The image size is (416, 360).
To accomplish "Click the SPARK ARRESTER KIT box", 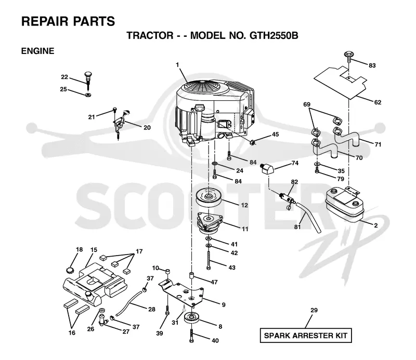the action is (306, 336).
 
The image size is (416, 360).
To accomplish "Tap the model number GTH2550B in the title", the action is (274, 35).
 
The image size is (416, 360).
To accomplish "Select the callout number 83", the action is (372, 65).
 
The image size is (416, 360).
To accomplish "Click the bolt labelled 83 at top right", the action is (348, 56).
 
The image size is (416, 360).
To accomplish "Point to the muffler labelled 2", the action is (345, 204).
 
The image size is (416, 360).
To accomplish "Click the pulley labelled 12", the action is (209, 198).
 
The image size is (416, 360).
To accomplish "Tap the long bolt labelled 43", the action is (209, 261).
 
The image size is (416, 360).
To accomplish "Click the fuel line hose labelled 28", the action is (129, 302).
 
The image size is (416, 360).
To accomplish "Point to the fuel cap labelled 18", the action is (70, 271).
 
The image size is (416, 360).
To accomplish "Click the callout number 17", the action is (139, 251).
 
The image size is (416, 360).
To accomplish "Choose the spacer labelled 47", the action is (192, 275).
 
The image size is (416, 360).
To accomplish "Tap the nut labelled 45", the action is (253, 142).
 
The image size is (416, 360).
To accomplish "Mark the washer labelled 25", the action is (88, 95).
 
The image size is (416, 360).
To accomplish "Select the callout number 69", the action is (307, 104).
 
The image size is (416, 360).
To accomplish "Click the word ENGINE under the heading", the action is (37, 51).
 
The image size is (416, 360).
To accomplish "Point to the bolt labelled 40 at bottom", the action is (192, 336).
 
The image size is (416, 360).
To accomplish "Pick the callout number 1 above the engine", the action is (177, 65).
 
